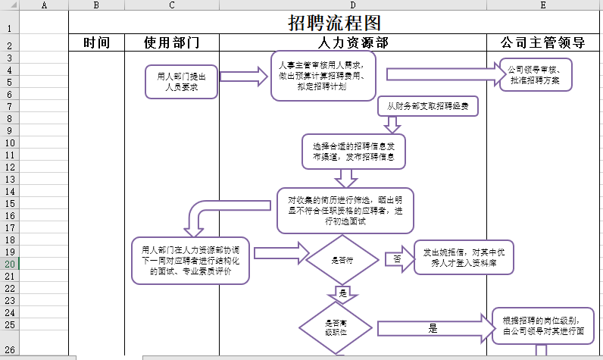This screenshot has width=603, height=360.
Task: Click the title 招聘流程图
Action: (334, 23)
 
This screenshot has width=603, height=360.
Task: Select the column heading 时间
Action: (96, 43)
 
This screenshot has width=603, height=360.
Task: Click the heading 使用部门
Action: (172, 43)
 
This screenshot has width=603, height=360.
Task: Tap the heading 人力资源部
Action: (352, 43)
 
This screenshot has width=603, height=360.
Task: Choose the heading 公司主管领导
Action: (543, 43)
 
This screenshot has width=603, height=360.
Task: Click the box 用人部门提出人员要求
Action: (182, 81)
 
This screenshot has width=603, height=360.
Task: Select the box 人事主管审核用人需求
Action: (323, 76)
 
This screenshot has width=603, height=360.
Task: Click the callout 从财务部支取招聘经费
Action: (428, 107)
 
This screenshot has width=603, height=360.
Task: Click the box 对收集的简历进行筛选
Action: (345, 210)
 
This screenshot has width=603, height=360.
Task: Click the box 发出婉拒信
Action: (463, 257)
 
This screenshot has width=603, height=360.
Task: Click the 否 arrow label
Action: (396, 258)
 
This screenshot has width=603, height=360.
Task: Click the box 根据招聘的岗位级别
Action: (542, 325)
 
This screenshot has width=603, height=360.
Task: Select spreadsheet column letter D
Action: (352, 5)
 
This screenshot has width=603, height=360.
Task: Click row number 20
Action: (9, 264)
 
